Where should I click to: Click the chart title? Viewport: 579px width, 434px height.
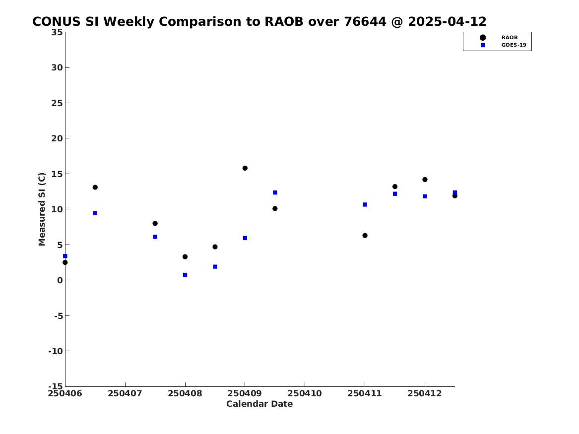(x=259, y=21)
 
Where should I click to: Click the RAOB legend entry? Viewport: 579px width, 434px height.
(x=499, y=38)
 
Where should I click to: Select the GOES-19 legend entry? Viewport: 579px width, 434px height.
(x=503, y=45)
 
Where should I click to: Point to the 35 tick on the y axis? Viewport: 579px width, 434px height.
(x=57, y=32)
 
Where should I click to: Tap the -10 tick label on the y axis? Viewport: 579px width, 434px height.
(x=56, y=351)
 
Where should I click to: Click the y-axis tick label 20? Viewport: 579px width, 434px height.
(x=57, y=138)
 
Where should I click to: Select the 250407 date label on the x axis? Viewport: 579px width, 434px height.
(x=125, y=393)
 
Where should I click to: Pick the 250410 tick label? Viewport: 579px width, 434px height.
(x=305, y=393)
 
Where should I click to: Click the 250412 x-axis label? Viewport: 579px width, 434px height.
(x=425, y=393)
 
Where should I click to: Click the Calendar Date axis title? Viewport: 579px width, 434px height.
(x=259, y=404)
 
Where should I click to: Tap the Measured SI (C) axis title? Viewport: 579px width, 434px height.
(x=42, y=209)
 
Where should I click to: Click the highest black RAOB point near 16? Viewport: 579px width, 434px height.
(x=245, y=168)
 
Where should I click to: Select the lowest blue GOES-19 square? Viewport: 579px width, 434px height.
(x=185, y=275)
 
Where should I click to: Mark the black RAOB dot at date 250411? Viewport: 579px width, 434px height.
(x=365, y=236)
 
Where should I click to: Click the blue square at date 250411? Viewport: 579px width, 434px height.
(x=365, y=204)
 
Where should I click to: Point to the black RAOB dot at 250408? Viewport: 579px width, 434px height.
(x=185, y=257)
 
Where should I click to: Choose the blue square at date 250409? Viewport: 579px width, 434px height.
(x=245, y=238)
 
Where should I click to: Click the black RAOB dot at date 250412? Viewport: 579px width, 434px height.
(x=425, y=180)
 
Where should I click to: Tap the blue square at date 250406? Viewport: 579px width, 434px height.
(x=65, y=256)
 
